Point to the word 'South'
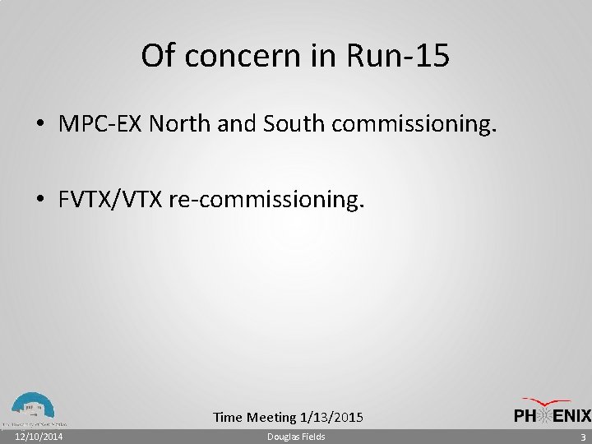291,124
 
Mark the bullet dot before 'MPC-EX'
40,125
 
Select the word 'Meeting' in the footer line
272,418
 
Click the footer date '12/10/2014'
39,437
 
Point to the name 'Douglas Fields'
296,437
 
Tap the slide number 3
582,437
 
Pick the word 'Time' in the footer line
227,418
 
